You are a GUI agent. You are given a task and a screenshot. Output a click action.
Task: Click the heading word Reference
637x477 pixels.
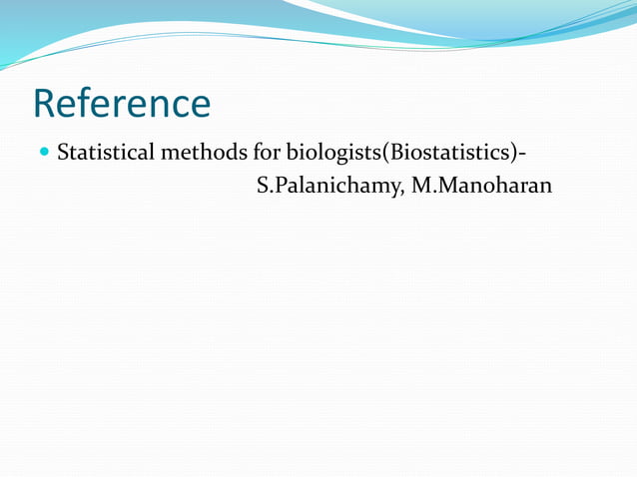122,104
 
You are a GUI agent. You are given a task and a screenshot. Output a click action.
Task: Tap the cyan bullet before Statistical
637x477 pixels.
43,154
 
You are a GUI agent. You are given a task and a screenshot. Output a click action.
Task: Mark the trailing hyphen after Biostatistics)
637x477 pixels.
524,156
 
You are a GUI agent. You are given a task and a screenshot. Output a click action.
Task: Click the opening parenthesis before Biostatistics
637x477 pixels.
387,155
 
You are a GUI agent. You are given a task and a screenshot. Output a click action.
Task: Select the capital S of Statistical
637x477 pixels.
63,154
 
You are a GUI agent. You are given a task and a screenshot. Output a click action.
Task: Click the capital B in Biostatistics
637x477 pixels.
397,154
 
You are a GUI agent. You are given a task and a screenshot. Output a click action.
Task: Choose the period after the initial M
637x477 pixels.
431,191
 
